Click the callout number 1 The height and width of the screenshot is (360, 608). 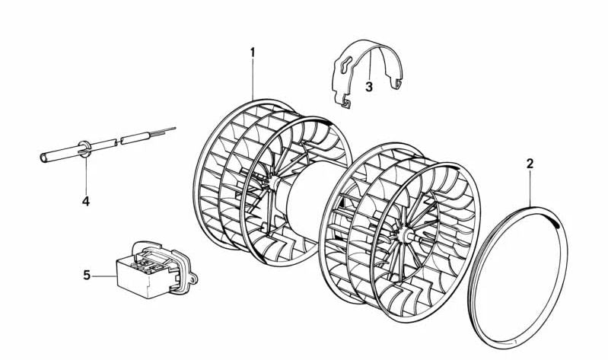pyautogui.click(x=253, y=52)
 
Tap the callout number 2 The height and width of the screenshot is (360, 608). pyautogui.click(x=530, y=164)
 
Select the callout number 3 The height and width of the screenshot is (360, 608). pyautogui.click(x=369, y=87)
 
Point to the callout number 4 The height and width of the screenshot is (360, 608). pyautogui.click(x=86, y=201)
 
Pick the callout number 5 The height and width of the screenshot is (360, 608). pyautogui.click(x=87, y=275)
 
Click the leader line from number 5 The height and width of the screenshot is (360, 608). pyautogui.click(x=104, y=276)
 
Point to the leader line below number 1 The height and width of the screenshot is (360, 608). pyautogui.click(x=253, y=78)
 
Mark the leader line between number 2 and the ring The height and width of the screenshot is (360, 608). pyautogui.click(x=530, y=188)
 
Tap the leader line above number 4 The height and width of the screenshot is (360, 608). pyautogui.click(x=86, y=175)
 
